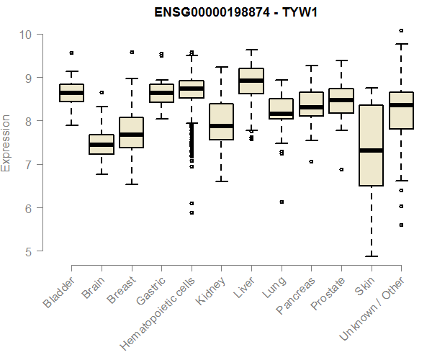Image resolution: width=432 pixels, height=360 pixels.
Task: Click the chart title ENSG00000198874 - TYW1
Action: click(x=236, y=12)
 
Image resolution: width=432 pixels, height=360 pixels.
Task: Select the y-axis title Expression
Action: click(x=6, y=143)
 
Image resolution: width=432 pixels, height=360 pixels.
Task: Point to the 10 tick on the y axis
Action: click(x=25, y=34)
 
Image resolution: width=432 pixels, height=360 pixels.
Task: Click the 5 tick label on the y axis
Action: click(x=25, y=251)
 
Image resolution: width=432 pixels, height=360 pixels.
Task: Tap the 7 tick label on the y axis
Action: click(x=25, y=164)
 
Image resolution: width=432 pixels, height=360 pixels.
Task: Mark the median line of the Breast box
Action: click(x=131, y=135)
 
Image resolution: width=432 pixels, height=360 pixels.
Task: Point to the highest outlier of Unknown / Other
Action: click(x=401, y=30)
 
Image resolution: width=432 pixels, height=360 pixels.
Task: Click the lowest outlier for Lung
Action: click(x=282, y=202)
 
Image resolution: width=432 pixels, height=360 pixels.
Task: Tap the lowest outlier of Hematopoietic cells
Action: click(x=192, y=212)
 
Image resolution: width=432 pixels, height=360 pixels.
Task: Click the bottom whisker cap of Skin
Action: click(x=371, y=256)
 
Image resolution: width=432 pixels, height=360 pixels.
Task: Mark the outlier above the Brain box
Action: click(x=102, y=92)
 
